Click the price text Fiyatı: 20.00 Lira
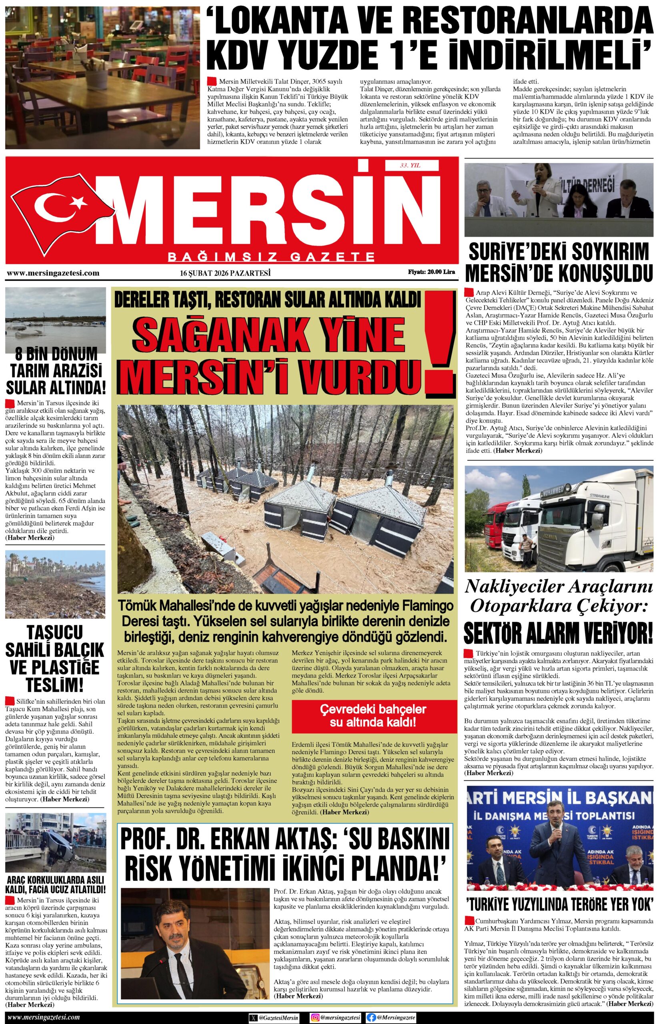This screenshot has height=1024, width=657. point(431,272)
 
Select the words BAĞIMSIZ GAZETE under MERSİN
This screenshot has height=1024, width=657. point(272,257)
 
